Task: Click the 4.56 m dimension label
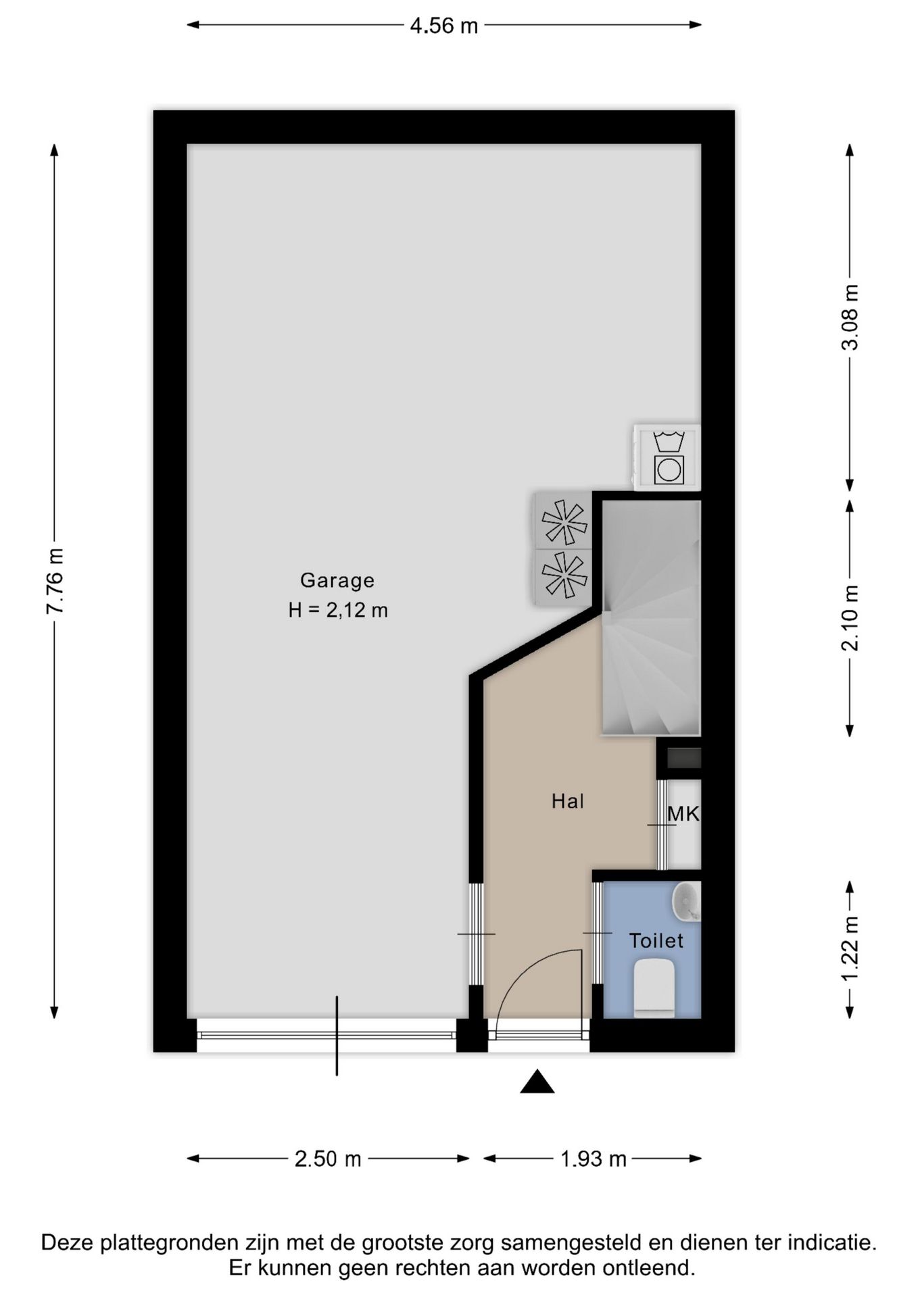click(444, 26)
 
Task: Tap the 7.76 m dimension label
click(55, 581)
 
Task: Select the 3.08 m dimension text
click(850, 317)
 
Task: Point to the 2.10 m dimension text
click(850, 617)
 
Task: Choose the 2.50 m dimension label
click(328, 1159)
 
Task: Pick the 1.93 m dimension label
click(594, 1159)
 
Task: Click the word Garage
click(337, 580)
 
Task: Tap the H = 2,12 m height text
click(338, 611)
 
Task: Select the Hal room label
click(568, 801)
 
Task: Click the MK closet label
click(683, 814)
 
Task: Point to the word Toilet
click(656, 940)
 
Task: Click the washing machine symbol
click(667, 457)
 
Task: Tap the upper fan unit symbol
click(564, 521)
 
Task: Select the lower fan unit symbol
click(564, 577)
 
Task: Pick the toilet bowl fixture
click(655, 989)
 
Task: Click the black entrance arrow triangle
click(537, 1082)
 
